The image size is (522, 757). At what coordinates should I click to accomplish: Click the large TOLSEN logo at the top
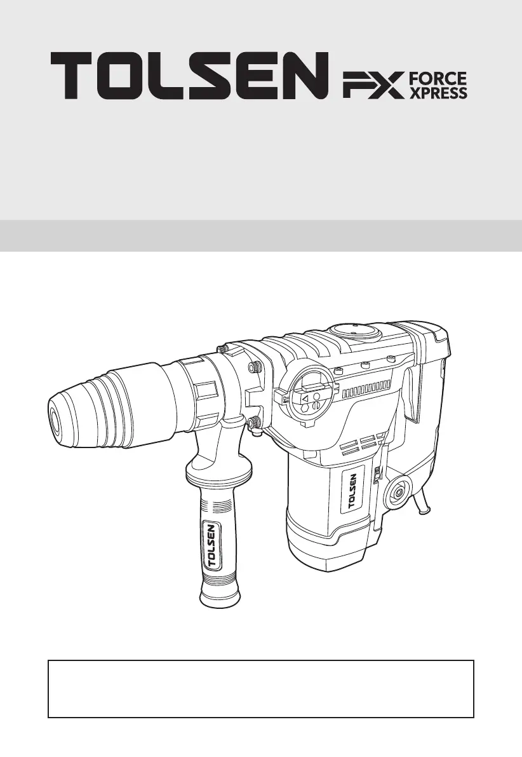pos(189,76)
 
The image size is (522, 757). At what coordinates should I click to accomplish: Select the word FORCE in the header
pos(438,79)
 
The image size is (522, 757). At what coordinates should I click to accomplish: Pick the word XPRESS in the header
pos(438,93)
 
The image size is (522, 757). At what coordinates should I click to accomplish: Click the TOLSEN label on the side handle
pos(212,543)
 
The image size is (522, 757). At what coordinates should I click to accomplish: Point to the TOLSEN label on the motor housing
pos(352,490)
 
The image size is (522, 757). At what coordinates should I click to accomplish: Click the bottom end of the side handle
pos(220,599)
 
